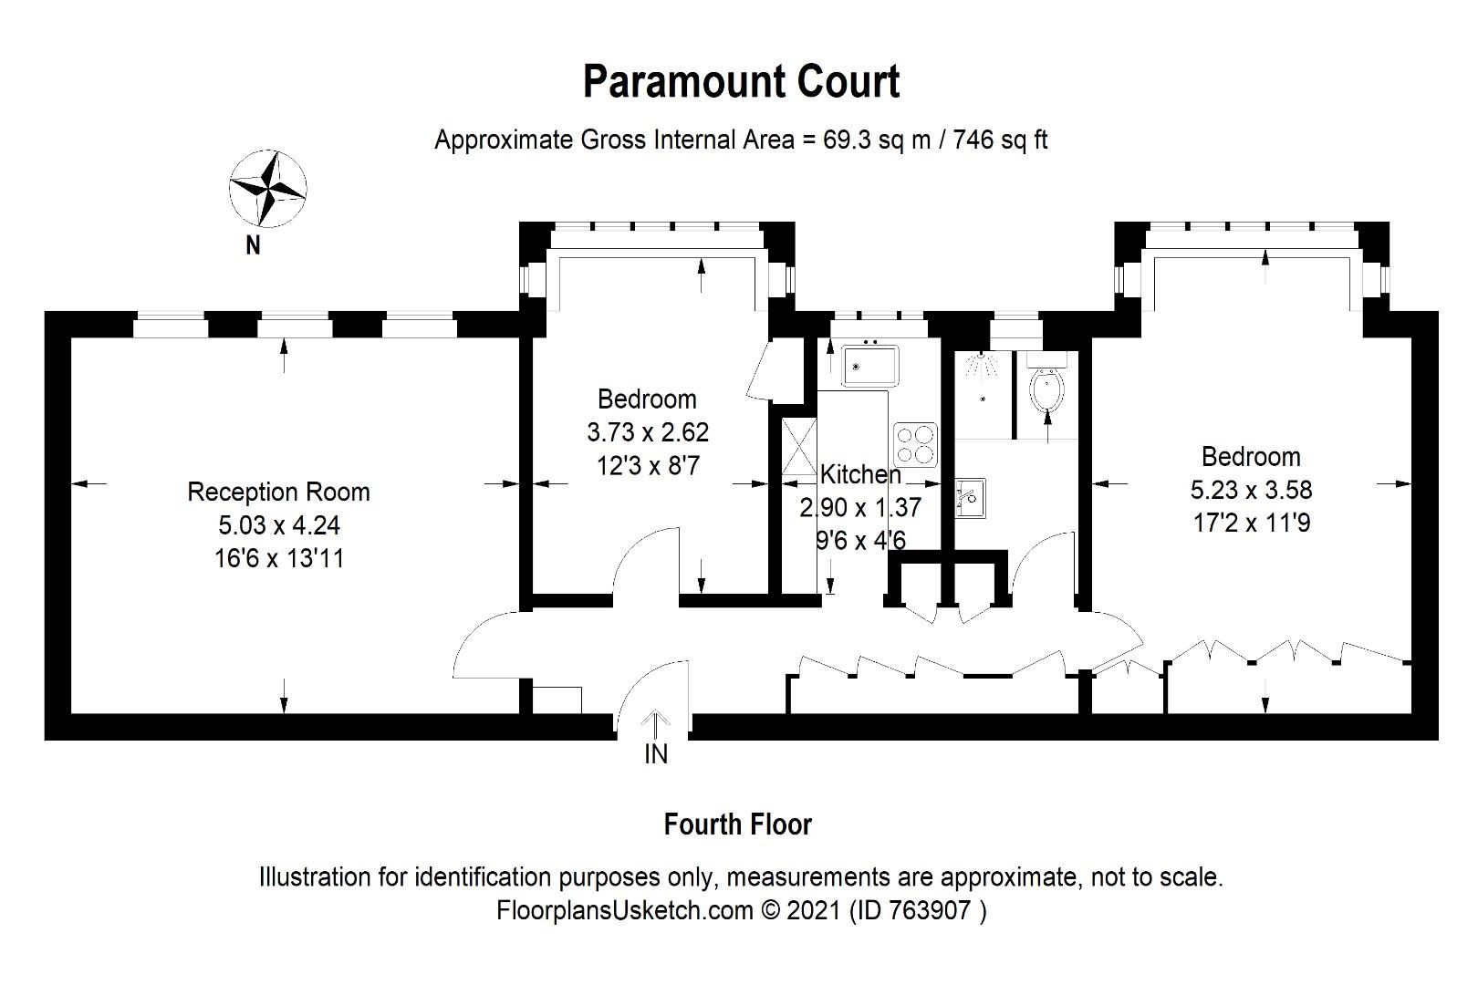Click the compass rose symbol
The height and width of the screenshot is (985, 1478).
pyautogui.click(x=267, y=190)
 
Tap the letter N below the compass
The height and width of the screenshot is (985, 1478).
pyautogui.click(x=254, y=244)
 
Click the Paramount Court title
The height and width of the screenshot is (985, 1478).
pyautogui.click(x=741, y=82)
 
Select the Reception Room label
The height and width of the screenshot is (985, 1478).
pyautogui.click(x=278, y=493)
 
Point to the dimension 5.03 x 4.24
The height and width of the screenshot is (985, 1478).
pyautogui.click(x=278, y=525)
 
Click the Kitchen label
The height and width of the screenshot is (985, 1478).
pyautogui.click(x=860, y=474)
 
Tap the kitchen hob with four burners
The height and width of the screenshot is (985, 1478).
pyautogui.click(x=915, y=444)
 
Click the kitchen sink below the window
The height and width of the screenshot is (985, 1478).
pyautogui.click(x=870, y=366)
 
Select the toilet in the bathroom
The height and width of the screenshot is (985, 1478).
pyautogui.click(x=1047, y=390)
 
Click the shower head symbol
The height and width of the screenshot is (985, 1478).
pyautogui.click(x=982, y=366)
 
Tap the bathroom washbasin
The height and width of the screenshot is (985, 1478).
pyautogui.click(x=969, y=498)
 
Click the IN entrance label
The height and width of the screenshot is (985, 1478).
pyautogui.click(x=656, y=754)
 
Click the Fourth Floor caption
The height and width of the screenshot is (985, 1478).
pyautogui.click(x=737, y=824)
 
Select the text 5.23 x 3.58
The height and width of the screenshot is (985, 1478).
pyautogui.click(x=1251, y=490)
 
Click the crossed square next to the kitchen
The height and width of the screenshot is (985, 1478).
pyautogui.click(x=799, y=447)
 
